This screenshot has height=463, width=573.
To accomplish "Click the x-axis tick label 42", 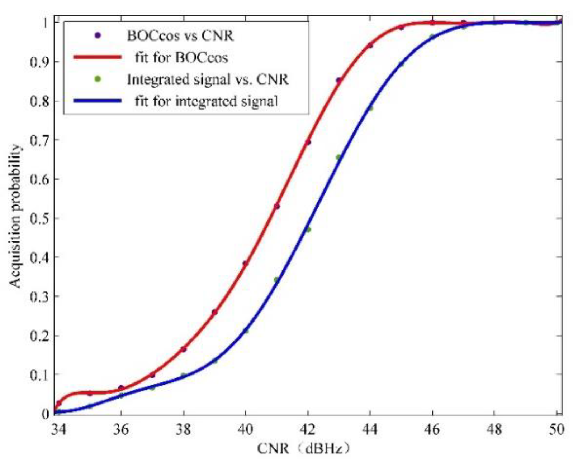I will click(307, 429).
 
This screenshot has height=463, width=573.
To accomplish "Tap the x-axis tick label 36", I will click(120, 429).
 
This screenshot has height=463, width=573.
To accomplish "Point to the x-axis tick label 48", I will click(494, 429).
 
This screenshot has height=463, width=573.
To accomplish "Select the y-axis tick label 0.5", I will click(39, 218).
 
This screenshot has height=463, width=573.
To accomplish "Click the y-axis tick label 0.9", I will click(39, 62).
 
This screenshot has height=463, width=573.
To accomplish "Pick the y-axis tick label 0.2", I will click(39, 336).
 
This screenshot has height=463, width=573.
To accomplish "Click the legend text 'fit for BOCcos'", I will click(181, 57).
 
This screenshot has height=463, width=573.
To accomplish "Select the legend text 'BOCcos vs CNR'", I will click(180, 36).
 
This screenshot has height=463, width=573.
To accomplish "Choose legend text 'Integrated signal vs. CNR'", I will click(208, 79).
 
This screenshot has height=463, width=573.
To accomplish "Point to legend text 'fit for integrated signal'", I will click(206, 101).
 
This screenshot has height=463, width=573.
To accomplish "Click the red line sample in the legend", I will click(98, 57).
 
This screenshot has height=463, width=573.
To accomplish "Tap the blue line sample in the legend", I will click(98, 101).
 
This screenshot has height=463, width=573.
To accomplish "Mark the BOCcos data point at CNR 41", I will click(276, 206).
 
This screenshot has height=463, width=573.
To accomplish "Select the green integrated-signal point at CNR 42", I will click(308, 230).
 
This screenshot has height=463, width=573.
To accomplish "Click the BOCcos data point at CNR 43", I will click(338, 80).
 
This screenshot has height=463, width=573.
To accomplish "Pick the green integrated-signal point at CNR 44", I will click(370, 108).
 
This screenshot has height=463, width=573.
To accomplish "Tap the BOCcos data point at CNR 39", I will click(214, 312).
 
